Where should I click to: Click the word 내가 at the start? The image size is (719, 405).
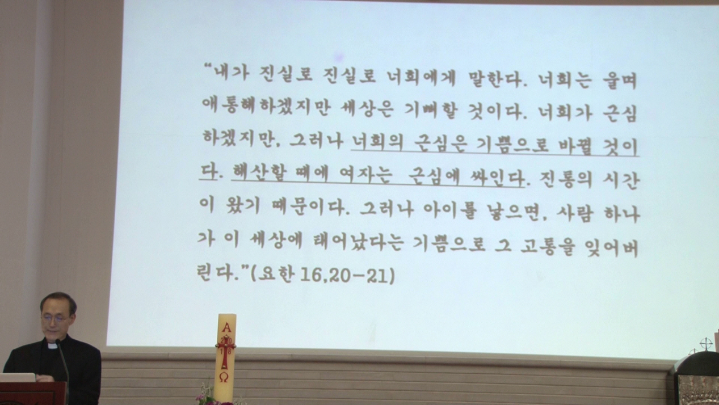click(232, 74)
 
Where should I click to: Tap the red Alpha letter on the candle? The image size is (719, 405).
click(226, 327)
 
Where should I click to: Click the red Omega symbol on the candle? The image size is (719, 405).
click(224, 377)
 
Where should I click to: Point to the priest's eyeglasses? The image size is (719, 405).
click(56, 319)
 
